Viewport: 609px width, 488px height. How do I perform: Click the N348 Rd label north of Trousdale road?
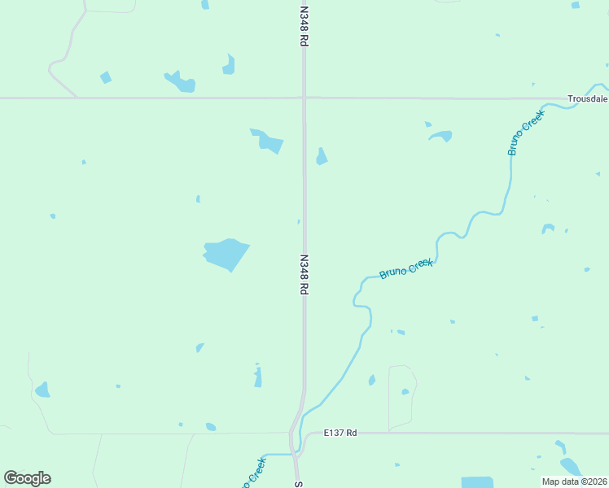click(x=304, y=26)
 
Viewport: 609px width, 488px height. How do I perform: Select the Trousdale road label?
click(x=588, y=98)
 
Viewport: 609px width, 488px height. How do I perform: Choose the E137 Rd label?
click(x=340, y=433)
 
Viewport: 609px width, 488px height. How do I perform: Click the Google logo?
click(x=28, y=478)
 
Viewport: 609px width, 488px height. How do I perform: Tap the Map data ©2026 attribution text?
click(x=574, y=481)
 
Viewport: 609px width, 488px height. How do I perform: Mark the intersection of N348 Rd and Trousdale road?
click(x=304, y=98)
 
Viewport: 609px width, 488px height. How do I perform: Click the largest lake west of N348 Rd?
click(x=226, y=254)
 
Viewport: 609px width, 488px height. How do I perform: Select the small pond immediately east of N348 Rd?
click(x=322, y=156)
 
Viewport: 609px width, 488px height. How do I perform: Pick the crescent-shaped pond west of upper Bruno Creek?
click(x=440, y=135)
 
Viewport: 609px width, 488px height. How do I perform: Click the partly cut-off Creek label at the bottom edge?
click(x=253, y=472)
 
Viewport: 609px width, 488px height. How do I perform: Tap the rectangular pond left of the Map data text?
click(x=477, y=482)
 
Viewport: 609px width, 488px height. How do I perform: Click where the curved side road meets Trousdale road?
click(x=77, y=98)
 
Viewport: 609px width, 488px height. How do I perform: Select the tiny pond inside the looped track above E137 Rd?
click(x=405, y=391)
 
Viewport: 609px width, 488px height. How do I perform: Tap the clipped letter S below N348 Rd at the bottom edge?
click(x=298, y=484)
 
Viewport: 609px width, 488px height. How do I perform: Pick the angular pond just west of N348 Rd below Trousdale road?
click(x=268, y=142)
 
